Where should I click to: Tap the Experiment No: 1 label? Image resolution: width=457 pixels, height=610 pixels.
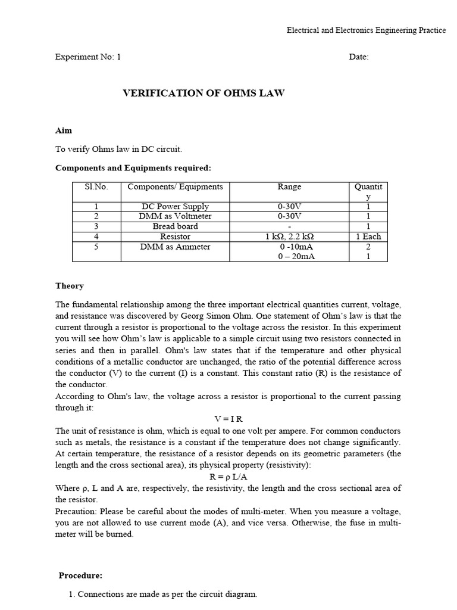[87, 57]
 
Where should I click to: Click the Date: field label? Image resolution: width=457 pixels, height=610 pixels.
[359, 57]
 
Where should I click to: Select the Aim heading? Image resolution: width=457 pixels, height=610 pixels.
[64, 130]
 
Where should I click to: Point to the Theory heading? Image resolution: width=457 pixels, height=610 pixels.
[70, 286]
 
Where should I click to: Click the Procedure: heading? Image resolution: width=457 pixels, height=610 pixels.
[80, 575]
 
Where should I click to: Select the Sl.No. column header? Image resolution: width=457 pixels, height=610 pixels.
[96, 187]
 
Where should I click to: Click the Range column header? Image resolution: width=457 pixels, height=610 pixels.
[289, 187]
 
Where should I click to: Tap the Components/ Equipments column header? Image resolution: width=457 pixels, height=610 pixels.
[175, 187]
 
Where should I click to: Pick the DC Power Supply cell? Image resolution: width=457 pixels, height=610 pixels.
[175, 207]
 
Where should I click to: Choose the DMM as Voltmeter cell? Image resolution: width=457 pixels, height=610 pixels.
[175, 216]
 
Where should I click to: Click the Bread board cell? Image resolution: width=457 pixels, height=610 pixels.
[175, 226]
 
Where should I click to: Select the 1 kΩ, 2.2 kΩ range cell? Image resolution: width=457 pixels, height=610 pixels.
[289, 236]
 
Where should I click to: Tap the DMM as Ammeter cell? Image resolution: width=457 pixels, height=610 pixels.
[175, 247]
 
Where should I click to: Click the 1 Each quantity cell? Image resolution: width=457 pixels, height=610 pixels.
[368, 236]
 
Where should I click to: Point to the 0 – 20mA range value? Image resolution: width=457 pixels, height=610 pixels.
[289, 257]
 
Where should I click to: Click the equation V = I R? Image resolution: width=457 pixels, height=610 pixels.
[228, 419]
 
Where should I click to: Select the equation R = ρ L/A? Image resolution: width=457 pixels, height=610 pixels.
[228, 477]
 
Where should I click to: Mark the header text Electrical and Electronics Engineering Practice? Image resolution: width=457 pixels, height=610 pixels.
[366, 30]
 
